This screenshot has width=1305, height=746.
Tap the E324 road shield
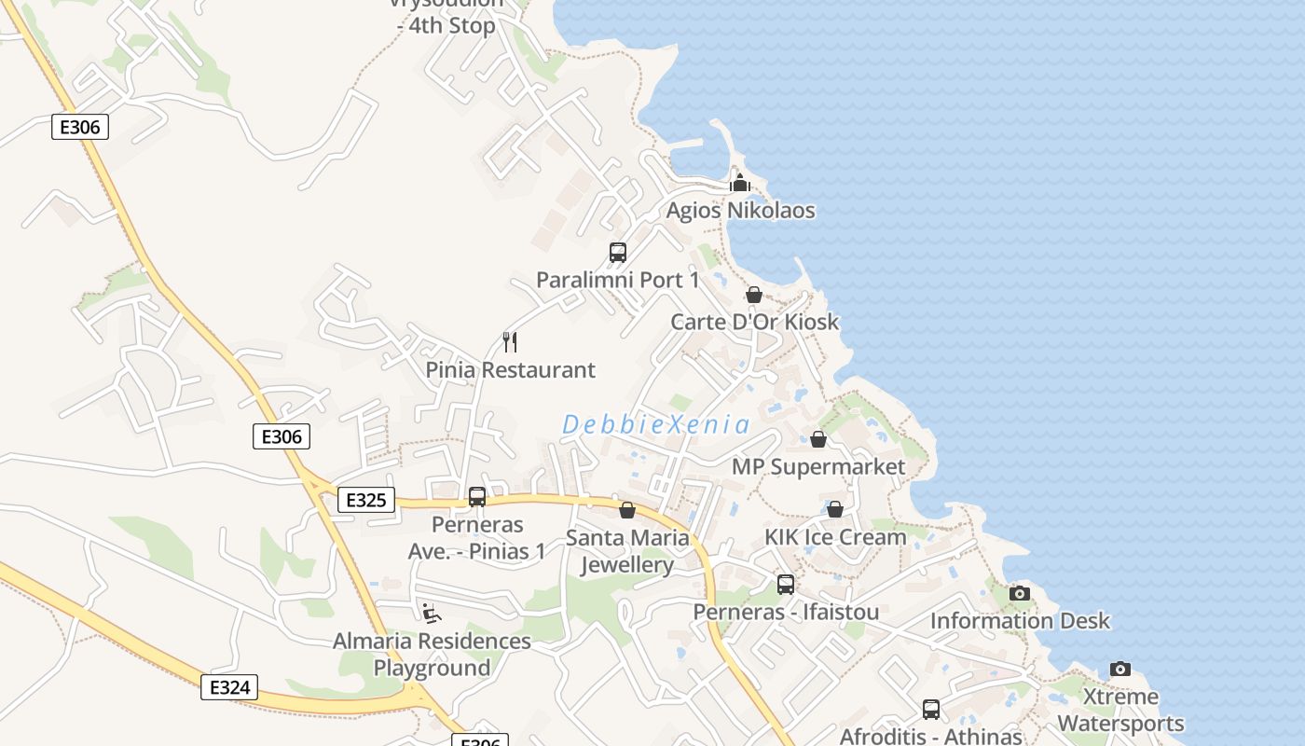(x=229, y=688)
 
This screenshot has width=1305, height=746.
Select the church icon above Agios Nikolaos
(x=740, y=182)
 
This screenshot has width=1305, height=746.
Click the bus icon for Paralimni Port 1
(x=617, y=252)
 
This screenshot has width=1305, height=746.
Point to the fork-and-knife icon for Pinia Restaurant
(x=510, y=342)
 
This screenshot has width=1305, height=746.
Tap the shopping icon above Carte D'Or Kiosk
(x=753, y=295)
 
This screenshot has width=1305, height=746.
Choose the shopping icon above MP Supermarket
(x=818, y=439)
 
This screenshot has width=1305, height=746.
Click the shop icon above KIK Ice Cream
(x=835, y=509)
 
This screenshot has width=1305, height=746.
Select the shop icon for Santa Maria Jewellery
(x=627, y=510)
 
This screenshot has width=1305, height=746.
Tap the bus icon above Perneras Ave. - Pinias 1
(x=477, y=497)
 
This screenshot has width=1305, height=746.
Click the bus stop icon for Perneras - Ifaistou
(x=786, y=585)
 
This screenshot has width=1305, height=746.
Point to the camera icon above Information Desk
(x=1020, y=593)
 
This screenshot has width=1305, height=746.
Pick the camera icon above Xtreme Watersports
(x=1120, y=669)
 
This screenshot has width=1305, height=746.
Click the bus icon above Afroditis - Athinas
(x=930, y=710)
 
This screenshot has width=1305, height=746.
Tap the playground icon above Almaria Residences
(x=431, y=613)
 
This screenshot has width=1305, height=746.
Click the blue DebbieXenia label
(x=655, y=425)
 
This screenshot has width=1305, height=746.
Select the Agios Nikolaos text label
(x=740, y=211)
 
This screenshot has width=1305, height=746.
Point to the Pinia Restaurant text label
(x=510, y=370)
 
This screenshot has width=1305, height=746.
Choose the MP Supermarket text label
(x=818, y=467)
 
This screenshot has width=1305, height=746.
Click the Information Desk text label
(x=1020, y=621)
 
